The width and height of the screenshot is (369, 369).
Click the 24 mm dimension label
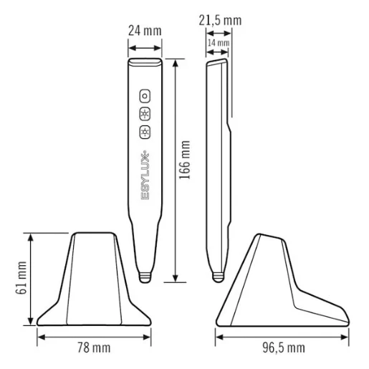144,31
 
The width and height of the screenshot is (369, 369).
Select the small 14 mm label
219,44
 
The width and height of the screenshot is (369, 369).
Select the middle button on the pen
145,113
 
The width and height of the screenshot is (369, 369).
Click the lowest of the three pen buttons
145,132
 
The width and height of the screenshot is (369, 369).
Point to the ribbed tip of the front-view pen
145,274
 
